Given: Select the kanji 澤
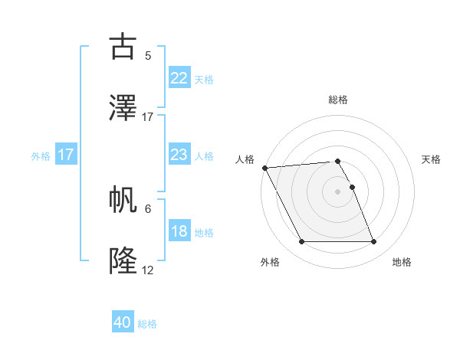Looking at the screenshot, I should [123, 108].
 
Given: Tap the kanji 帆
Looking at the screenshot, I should [123, 200].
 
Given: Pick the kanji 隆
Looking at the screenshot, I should [123, 261].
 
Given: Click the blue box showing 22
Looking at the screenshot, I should [179, 78].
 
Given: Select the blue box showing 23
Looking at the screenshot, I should [179, 155].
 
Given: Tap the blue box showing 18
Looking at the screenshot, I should [179, 231].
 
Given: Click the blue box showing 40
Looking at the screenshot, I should [123, 323].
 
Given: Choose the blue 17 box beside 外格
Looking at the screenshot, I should [65, 155].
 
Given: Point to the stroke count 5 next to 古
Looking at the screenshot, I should [148, 56].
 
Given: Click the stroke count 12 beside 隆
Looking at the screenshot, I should [148, 270].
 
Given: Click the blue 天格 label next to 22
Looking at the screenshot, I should [204, 79].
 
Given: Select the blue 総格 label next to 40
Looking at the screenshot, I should [148, 324].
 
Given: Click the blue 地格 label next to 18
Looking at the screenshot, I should [204, 232].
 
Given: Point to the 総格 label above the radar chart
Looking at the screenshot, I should [338, 100].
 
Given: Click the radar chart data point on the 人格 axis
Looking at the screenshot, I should [264, 168].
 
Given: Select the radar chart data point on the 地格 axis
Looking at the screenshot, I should [373, 242].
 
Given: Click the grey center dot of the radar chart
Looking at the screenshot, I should [338, 191].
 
